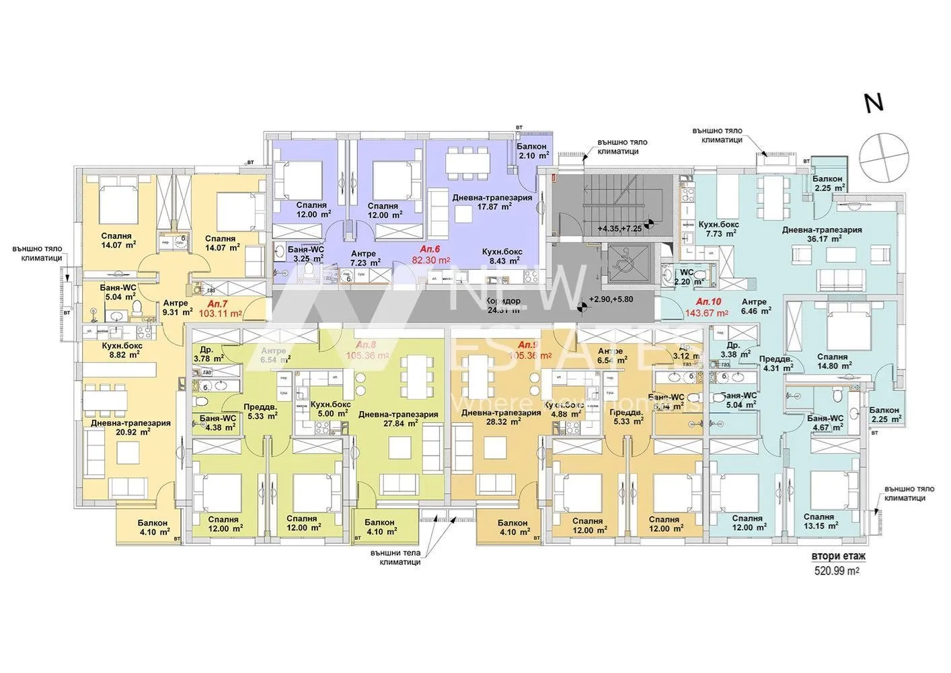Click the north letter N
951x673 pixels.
[x=874, y=103]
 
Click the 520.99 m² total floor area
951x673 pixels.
[x=837, y=570]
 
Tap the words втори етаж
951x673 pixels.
[x=838, y=556]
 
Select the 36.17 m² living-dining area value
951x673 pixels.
[x=821, y=239]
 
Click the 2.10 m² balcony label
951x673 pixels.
[x=531, y=156]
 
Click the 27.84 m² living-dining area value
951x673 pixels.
[x=398, y=424]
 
